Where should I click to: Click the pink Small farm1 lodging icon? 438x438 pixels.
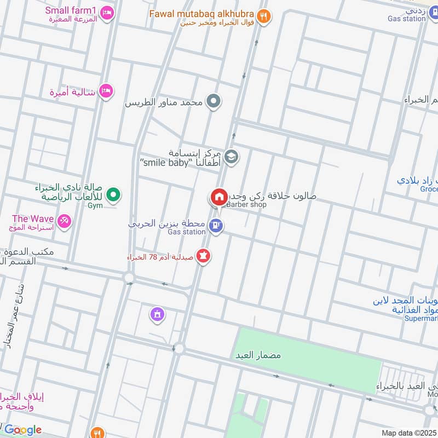[108, 12]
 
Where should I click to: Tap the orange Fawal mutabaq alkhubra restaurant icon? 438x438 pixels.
[264, 17]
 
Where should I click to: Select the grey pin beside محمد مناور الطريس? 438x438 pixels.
[215, 101]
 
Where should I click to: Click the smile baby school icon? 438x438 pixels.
[232, 157]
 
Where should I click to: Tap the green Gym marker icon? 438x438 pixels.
[113, 194]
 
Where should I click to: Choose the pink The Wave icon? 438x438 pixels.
[64, 221]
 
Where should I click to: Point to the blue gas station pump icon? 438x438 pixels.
[216, 225]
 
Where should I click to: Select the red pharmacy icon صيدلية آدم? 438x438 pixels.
[203, 256]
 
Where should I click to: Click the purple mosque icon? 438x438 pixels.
[158, 314]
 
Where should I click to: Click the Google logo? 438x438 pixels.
[22, 430]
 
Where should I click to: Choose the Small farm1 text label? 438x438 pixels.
[71, 10]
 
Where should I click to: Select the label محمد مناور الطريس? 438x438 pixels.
[163, 102]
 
